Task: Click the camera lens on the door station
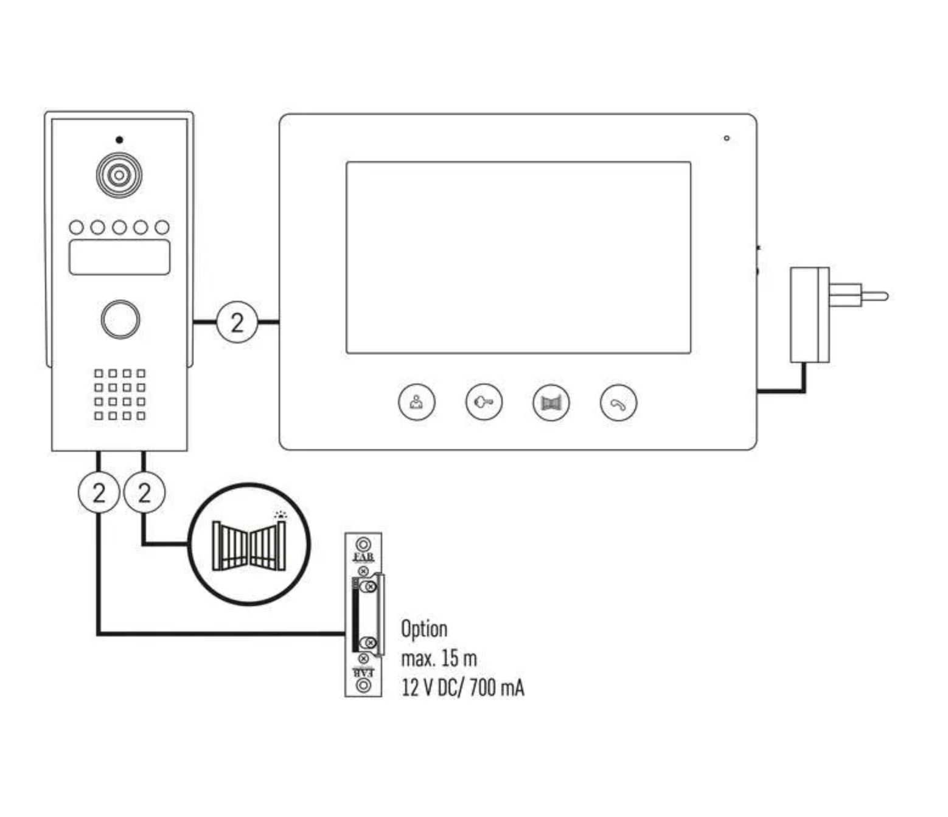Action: pyautogui.click(x=119, y=175)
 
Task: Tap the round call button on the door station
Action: pyautogui.click(x=120, y=319)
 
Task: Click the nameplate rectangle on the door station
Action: pyautogui.click(x=119, y=257)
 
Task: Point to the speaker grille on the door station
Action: pyautogui.click(x=120, y=395)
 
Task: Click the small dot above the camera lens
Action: pyautogui.click(x=119, y=140)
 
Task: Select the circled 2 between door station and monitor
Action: pyautogui.click(x=237, y=322)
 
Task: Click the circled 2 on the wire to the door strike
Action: pyautogui.click(x=99, y=492)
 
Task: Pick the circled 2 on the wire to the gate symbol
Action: pyautogui.click(x=144, y=492)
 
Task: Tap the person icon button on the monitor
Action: pyautogui.click(x=417, y=402)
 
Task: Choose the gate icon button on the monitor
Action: pyautogui.click(x=551, y=402)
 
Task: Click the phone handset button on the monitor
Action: pyautogui.click(x=618, y=403)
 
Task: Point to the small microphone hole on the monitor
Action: pyautogui.click(x=727, y=139)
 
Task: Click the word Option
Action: pyautogui.click(x=424, y=629)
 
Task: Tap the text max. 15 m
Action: pyautogui.click(x=439, y=658)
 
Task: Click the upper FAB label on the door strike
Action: pyautogui.click(x=364, y=557)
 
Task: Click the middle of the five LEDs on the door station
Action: pyautogui.click(x=119, y=227)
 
